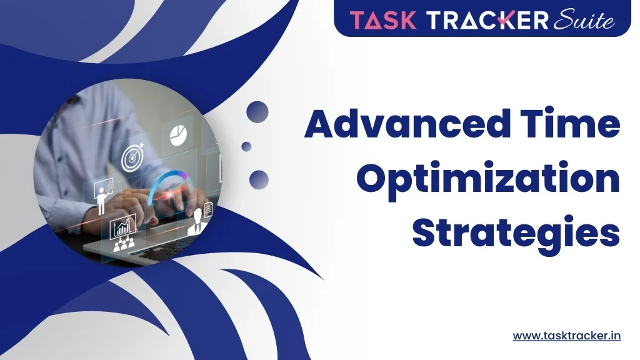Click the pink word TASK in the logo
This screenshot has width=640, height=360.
pyautogui.click(x=383, y=20)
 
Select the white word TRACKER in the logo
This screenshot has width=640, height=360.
pyautogui.click(x=487, y=20)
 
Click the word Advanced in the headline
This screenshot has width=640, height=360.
pyautogui.click(x=407, y=123)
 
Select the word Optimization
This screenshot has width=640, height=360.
pyautogui.click(x=489, y=179)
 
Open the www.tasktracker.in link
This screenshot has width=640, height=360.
pyautogui.click(x=567, y=336)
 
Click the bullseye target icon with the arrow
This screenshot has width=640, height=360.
pyautogui.click(x=132, y=157)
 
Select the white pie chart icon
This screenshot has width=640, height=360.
pyautogui.click(x=178, y=135)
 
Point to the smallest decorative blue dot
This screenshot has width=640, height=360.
pyautogui.click(x=246, y=146)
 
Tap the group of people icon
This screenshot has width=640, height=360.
pyautogui.click(x=124, y=244)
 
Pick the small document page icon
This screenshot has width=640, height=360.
pyautogui.click(x=208, y=210)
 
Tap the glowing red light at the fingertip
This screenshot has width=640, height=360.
pyautogui.click(x=169, y=196)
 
